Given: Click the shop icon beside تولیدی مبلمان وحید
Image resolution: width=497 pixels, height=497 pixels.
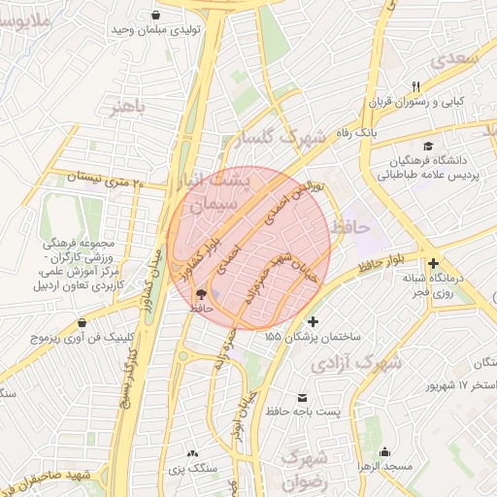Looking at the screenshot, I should [156, 15].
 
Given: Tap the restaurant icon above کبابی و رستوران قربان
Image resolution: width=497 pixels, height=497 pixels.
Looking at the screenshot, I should [415, 85].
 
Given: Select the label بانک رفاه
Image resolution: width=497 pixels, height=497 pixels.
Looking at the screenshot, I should [353, 130].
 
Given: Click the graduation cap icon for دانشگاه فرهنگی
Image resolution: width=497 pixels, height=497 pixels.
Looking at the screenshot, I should [428, 145].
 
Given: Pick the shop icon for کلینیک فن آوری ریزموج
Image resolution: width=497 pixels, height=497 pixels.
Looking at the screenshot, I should [82, 322].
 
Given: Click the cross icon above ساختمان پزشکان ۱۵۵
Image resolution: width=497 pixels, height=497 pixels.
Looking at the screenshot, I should [313, 321].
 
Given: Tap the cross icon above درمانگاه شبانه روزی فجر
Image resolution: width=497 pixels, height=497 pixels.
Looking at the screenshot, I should [433, 263].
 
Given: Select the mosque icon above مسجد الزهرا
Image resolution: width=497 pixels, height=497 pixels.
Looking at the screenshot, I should [385, 451].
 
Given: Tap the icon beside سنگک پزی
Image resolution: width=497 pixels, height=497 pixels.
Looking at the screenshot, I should [192, 453].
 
